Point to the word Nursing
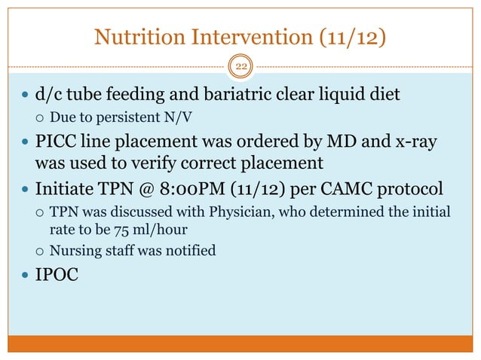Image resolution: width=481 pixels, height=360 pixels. (x=75, y=249)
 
